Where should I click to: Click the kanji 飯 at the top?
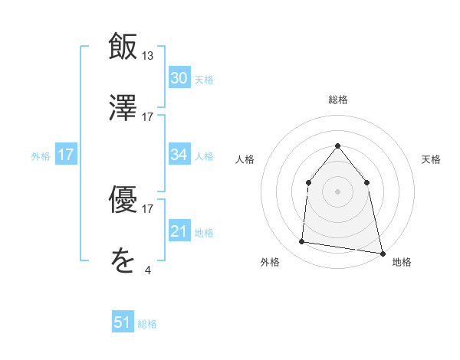pyautogui.click(x=123, y=45)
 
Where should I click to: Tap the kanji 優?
pyautogui.click(x=123, y=198)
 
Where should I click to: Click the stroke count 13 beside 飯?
pyautogui.click(x=148, y=55)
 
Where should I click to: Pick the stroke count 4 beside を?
pyautogui.click(x=148, y=270)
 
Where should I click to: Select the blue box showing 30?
pyautogui.click(x=179, y=78)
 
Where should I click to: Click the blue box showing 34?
pyautogui.click(x=179, y=155)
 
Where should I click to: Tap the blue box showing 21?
pyautogui.click(x=179, y=231)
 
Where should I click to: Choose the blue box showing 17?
pyautogui.click(x=66, y=155)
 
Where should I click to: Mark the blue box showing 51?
pyautogui.click(x=123, y=323)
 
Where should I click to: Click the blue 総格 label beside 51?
pyautogui.click(x=147, y=324)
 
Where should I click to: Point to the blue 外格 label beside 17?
pyautogui.click(x=41, y=156)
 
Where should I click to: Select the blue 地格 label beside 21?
pyautogui.click(x=204, y=232)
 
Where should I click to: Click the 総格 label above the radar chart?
pyautogui.click(x=338, y=100)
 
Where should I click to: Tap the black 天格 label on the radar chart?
pyautogui.click(x=432, y=159)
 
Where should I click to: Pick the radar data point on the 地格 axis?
pyautogui.click(x=382, y=253)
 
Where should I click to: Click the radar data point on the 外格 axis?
pyautogui.click(x=302, y=242)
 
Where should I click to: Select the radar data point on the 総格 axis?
pyautogui.click(x=337, y=146)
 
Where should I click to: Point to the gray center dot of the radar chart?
pyautogui.click(x=337, y=191)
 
